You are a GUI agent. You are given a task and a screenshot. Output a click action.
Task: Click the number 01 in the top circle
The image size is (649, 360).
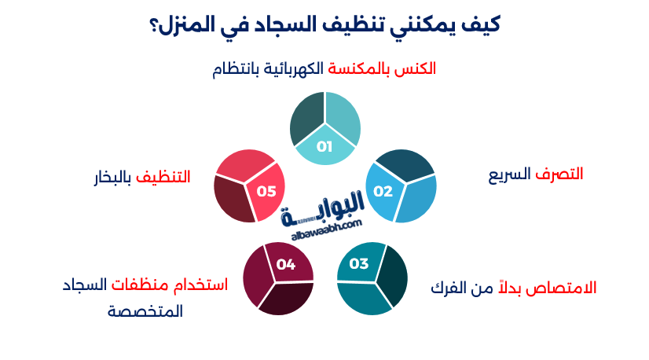[x=325, y=146]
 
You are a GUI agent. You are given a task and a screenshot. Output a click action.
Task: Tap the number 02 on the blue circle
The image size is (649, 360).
[x=383, y=191]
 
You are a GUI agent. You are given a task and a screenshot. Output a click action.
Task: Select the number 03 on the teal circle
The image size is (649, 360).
[x=359, y=263]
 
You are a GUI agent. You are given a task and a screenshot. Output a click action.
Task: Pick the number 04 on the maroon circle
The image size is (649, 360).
[x=286, y=264]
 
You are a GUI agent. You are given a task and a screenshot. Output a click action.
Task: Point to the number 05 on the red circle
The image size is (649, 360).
[x=266, y=191]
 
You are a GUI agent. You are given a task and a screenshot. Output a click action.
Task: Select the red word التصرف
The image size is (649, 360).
[x=559, y=174]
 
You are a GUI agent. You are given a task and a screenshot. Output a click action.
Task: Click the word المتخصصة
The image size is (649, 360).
[x=145, y=311]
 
